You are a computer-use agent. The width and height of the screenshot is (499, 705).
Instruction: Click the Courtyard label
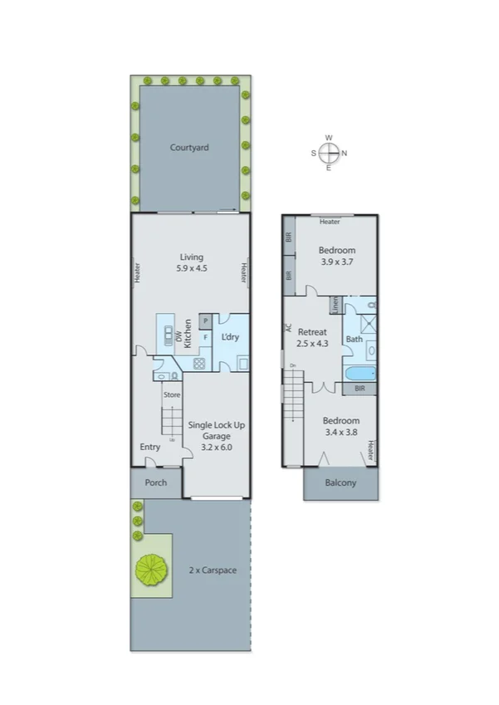pyautogui.click(x=189, y=148)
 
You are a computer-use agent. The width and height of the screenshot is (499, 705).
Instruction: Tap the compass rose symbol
pyautogui.click(x=329, y=153)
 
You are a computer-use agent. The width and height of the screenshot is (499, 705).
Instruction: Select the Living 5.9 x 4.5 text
pyautogui.click(x=190, y=262)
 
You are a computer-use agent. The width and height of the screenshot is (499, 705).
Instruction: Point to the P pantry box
pyautogui.click(x=205, y=321)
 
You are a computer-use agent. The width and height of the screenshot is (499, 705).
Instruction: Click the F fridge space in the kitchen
pyautogui.click(x=205, y=337)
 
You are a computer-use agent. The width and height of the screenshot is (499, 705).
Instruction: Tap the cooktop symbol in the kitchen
pyautogui.click(x=199, y=363)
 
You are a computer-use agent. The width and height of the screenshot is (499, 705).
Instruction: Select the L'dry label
pyautogui.click(x=231, y=337)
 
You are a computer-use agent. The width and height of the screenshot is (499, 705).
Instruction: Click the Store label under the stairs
pyautogui.click(x=171, y=394)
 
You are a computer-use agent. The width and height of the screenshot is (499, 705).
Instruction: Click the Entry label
pyautogui.click(x=149, y=447)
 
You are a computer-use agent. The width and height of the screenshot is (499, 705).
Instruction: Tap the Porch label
pyautogui.click(x=155, y=482)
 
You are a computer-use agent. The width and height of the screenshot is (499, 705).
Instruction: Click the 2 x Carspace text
pyautogui.click(x=213, y=570)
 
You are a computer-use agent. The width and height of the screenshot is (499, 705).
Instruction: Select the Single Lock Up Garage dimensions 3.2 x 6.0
pyautogui.click(x=216, y=447)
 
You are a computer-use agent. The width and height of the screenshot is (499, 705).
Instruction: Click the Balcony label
pyautogui.click(x=340, y=482)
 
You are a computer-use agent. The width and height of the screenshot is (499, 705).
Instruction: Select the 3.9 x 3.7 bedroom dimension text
pyautogui.click(x=337, y=262)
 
